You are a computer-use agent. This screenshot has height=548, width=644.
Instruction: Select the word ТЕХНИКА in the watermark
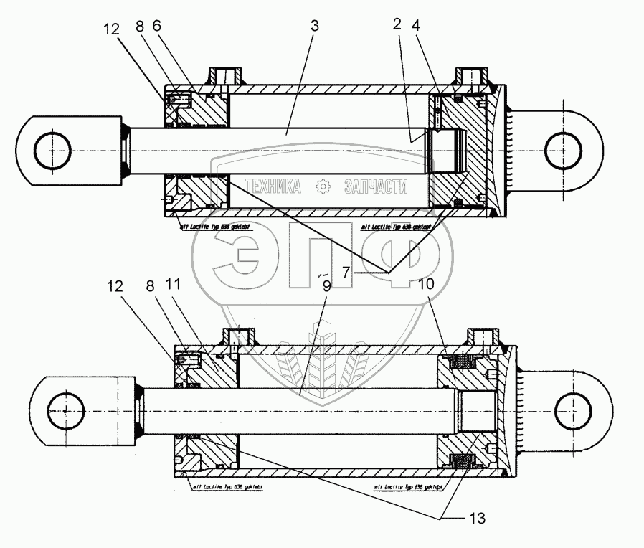click(x=272, y=187)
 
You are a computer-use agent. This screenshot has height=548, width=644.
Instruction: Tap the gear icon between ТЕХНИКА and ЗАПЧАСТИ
click(x=323, y=187)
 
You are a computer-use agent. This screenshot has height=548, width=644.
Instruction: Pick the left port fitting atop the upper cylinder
click(x=224, y=77)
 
